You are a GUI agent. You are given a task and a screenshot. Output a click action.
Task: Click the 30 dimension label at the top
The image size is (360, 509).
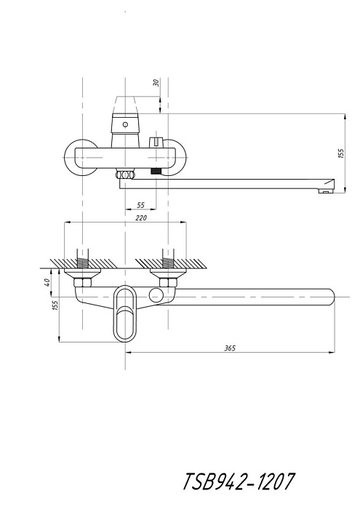[157, 82]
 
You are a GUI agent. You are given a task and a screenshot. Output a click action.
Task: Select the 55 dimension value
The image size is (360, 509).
[141, 205]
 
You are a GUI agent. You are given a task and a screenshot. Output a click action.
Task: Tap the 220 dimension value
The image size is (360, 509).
[142, 218]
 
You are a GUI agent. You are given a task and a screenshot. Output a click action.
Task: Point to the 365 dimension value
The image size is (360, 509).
[230, 348]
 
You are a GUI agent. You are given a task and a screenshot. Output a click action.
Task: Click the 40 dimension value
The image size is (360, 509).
[47, 282]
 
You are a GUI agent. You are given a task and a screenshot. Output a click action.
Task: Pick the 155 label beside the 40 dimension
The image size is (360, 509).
[55, 306]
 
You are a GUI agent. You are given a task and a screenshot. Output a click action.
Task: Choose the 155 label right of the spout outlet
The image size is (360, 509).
[340, 153]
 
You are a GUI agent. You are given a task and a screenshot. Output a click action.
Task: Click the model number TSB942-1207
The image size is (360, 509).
[239, 481]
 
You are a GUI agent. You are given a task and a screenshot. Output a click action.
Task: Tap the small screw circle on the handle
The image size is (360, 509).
[125, 124]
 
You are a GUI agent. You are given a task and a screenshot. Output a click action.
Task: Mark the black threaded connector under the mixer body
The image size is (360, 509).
[156, 172]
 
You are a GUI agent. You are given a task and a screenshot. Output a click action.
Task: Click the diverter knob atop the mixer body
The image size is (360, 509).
[155, 142]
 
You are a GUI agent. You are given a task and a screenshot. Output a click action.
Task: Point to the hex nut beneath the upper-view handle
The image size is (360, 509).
[125, 175]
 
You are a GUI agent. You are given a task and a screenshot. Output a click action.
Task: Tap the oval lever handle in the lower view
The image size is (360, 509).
[124, 313]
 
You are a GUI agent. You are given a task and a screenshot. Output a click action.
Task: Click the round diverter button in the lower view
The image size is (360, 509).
[156, 294]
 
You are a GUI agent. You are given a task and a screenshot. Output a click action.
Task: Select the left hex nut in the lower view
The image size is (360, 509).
[82, 282]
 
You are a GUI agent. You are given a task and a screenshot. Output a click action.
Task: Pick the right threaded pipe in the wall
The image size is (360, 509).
[168, 259]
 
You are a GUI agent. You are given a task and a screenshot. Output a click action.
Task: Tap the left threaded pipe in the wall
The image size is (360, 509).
[82, 259]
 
